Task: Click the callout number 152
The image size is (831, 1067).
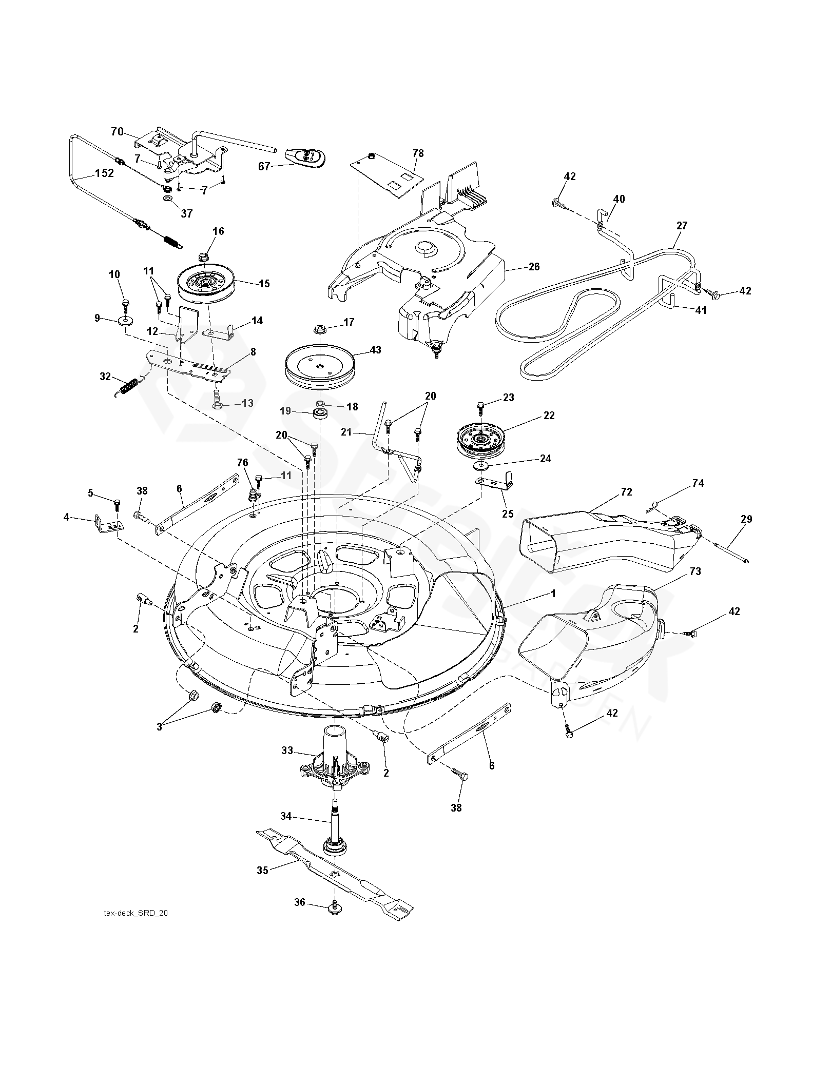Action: click(x=104, y=173)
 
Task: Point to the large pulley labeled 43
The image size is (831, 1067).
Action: click(x=319, y=365)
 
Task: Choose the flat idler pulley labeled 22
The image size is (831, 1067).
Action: click(x=481, y=439)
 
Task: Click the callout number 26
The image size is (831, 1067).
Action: click(x=534, y=267)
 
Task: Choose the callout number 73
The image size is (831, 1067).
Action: click(x=695, y=571)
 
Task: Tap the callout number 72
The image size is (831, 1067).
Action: click(x=626, y=491)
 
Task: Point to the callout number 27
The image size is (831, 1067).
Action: click(x=682, y=226)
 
